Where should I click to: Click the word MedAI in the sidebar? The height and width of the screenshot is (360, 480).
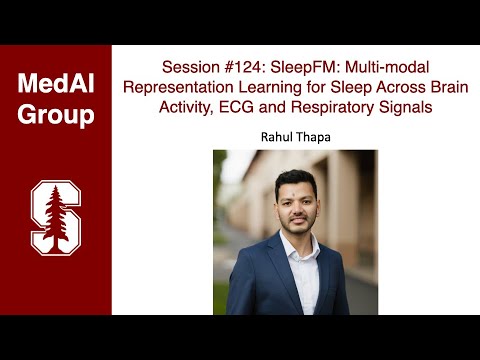tap(56, 84)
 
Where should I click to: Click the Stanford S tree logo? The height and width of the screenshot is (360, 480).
tap(56, 215)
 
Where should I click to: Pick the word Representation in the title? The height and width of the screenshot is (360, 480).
tap(183, 87)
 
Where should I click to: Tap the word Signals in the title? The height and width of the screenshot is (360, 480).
tap(401, 107)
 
